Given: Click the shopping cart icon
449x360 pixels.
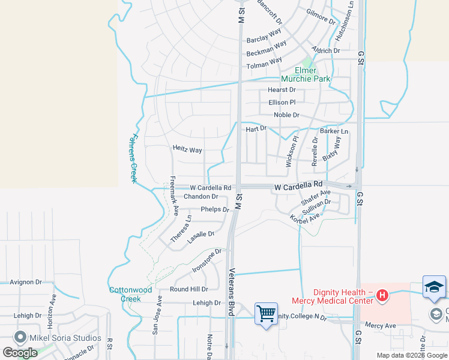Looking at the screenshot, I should click(x=266, y=313).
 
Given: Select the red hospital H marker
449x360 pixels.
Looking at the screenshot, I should click(x=382, y=295).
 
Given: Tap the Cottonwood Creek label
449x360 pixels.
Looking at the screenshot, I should click(x=130, y=294).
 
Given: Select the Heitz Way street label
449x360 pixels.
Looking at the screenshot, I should click(x=187, y=149).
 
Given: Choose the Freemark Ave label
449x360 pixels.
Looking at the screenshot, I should click(x=173, y=196).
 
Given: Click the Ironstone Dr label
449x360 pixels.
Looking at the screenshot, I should click(x=207, y=260).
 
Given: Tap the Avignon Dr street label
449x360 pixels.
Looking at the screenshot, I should click(x=26, y=282).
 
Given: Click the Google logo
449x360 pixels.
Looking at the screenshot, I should click(x=20, y=352).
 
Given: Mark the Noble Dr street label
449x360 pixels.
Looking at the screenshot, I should click(x=286, y=115).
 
